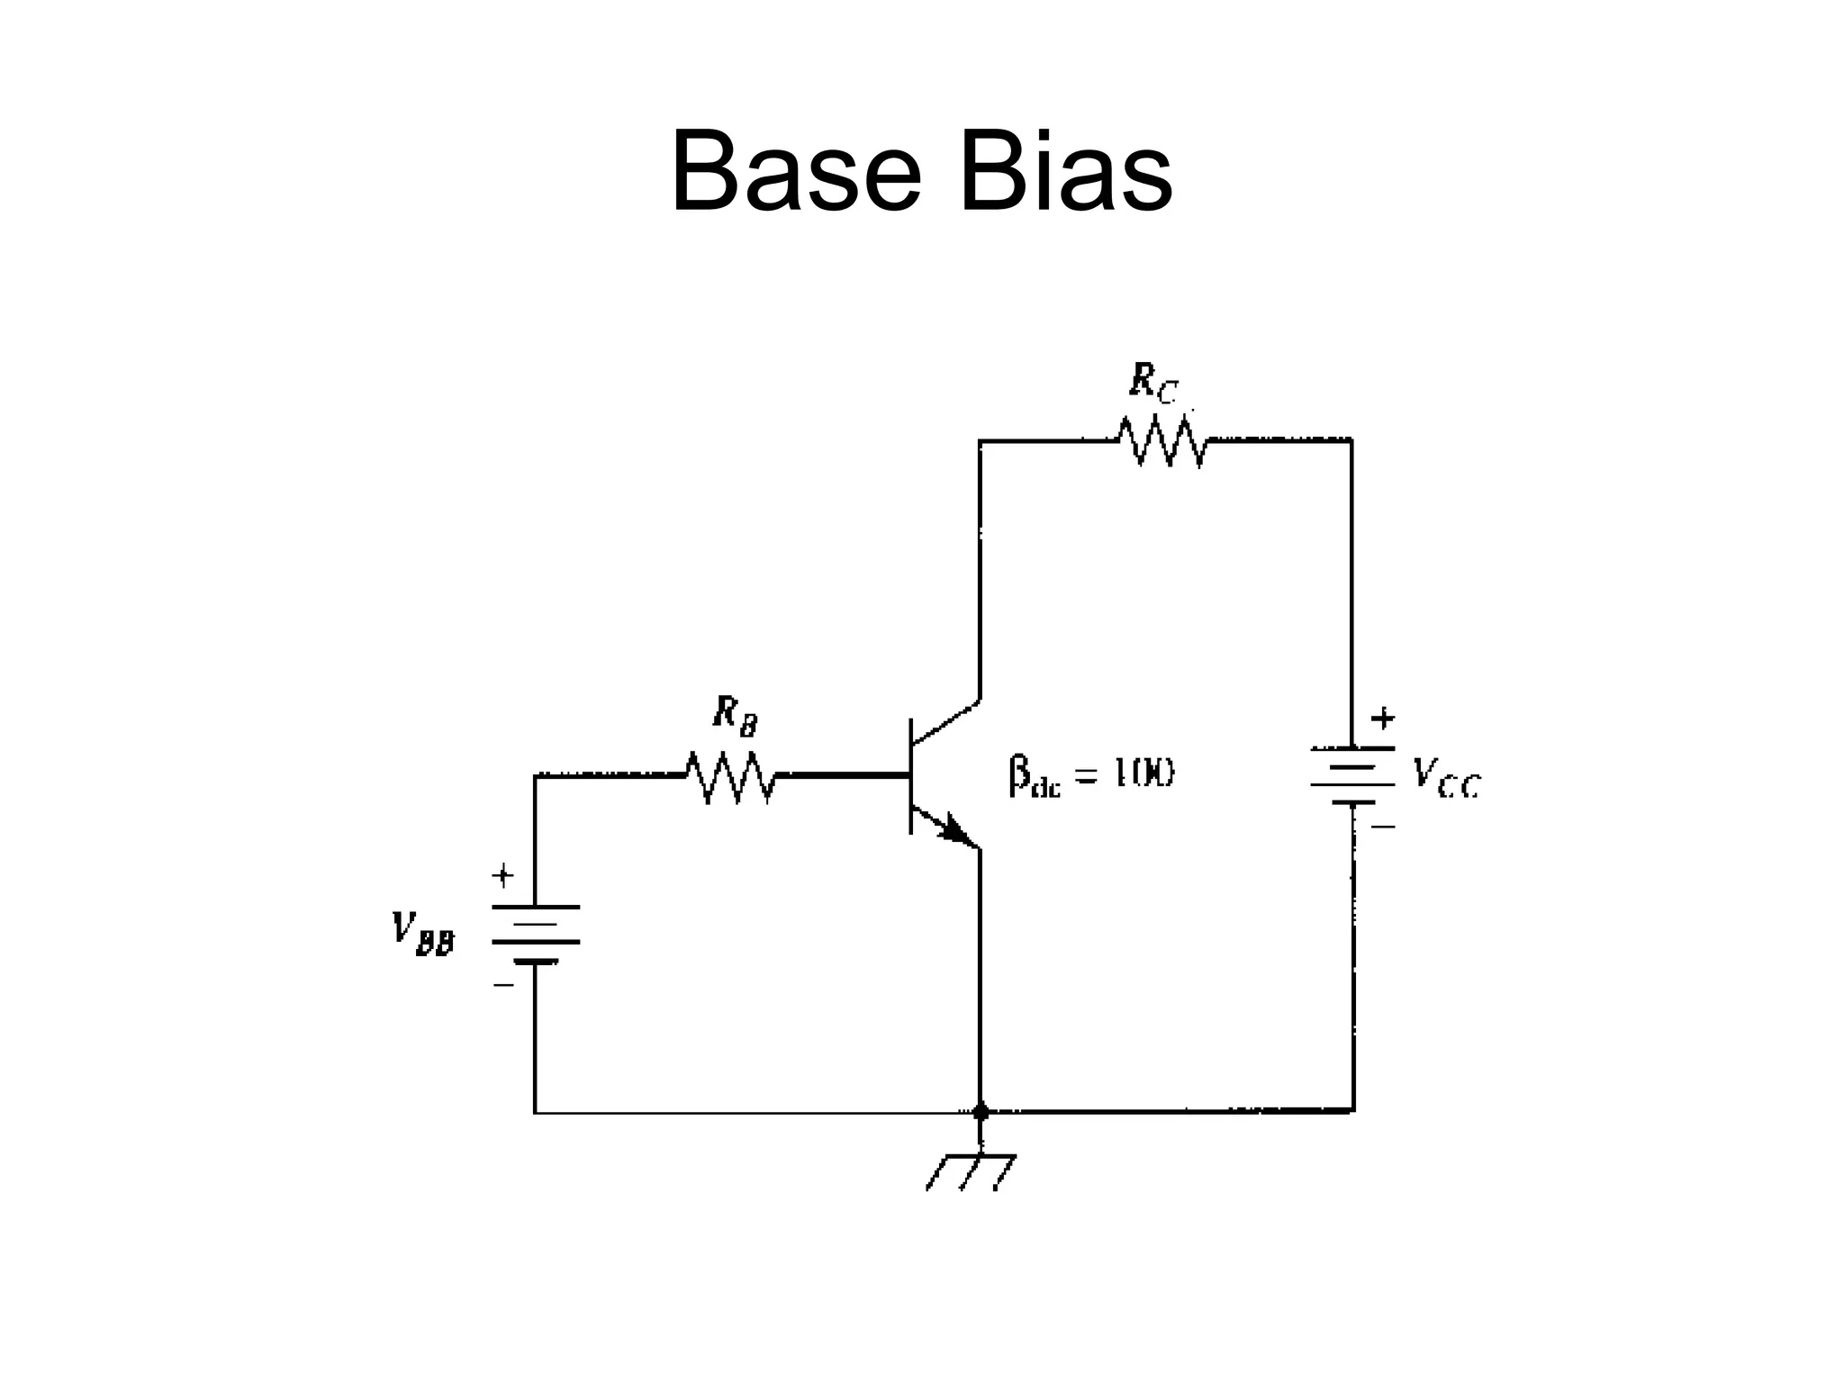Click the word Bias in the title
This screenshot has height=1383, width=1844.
pyautogui.click(x=1066, y=171)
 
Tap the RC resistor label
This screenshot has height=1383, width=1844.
pyautogui.click(x=1153, y=384)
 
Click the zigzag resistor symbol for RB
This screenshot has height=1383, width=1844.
pyautogui.click(x=731, y=776)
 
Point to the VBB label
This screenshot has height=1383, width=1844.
pyautogui.click(x=422, y=933)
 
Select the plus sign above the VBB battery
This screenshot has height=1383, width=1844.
pyautogui.click(x=502, y=874)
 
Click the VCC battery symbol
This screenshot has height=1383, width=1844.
pyautogui.click(x=1352, y=775)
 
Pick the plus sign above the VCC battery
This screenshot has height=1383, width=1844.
pyautogui.click(x=1382, y=719)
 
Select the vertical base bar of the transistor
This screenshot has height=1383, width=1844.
pyautogui.click(x=911, y=776)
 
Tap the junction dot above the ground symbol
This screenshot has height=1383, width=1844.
pyautogui.click(x=981, y=1111)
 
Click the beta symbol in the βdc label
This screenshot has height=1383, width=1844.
pyautogui.click(x=1018, y=775)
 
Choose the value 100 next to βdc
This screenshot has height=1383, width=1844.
pyautogui.click(x=1144, y=774)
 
